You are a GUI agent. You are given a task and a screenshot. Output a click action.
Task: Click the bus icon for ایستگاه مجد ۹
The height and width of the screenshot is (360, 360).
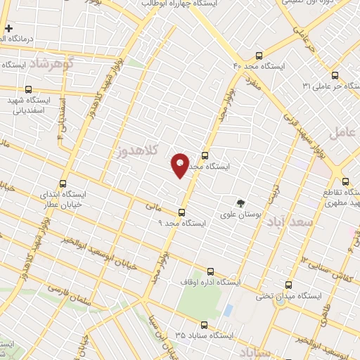point(182,212)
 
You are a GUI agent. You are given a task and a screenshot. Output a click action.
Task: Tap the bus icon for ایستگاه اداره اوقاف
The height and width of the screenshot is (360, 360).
point(210,271)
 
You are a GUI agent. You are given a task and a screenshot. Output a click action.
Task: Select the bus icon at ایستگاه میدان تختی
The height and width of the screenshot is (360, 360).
point(289,285)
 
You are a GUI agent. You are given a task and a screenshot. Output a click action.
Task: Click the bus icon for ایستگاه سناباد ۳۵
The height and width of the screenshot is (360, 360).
point(204,325)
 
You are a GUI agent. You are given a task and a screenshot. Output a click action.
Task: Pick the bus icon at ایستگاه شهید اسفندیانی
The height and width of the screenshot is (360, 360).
point(29,89)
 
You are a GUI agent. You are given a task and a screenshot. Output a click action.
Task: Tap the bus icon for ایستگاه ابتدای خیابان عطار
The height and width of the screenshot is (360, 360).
point(64,183)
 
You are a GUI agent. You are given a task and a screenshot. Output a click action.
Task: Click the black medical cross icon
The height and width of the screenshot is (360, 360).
point(8,29)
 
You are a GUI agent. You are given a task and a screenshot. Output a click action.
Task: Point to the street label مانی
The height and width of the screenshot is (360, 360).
point(154,207)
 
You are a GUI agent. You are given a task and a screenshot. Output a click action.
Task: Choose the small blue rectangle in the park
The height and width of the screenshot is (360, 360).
point(228,309)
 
